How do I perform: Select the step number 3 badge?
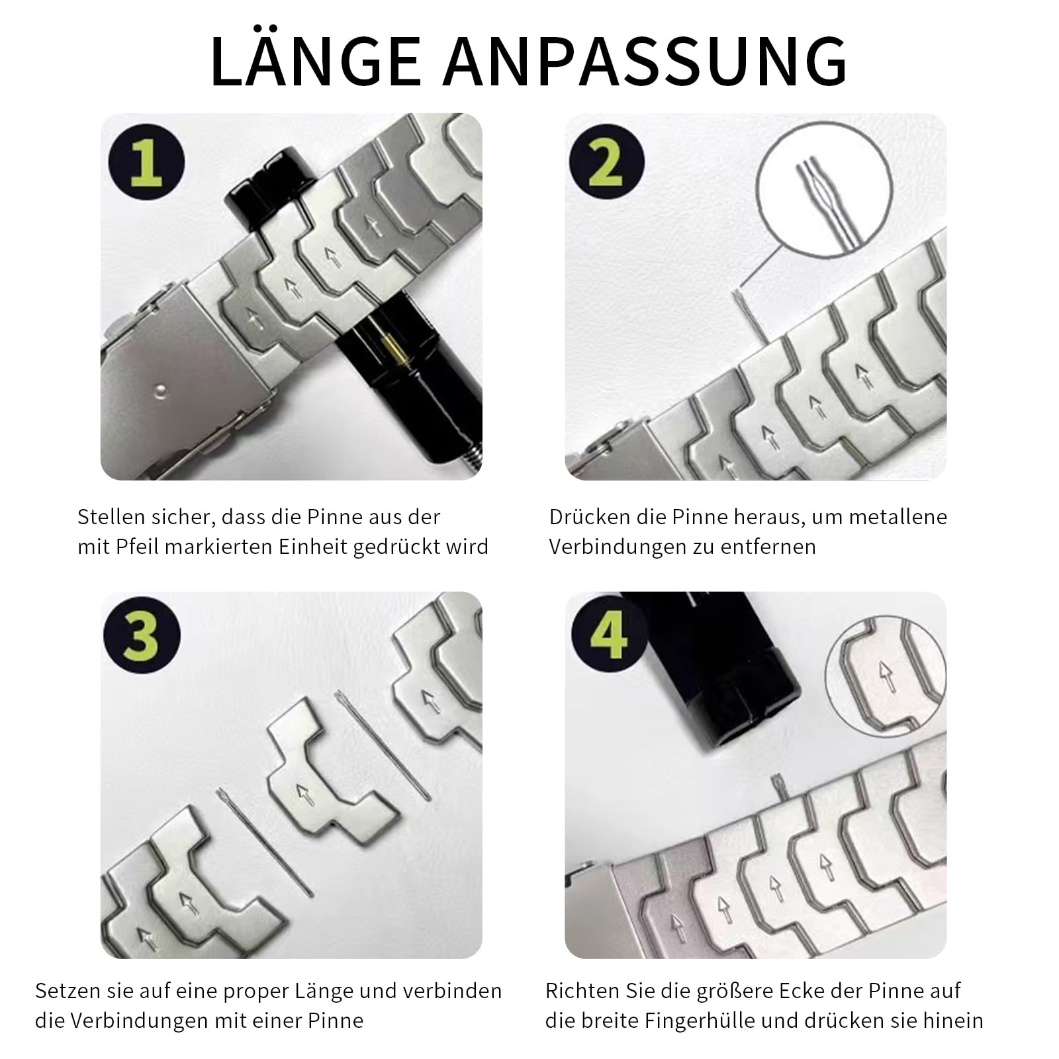pos(142,635)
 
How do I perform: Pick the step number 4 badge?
pos(608,634)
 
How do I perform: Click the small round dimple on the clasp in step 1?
pos(159,391)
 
